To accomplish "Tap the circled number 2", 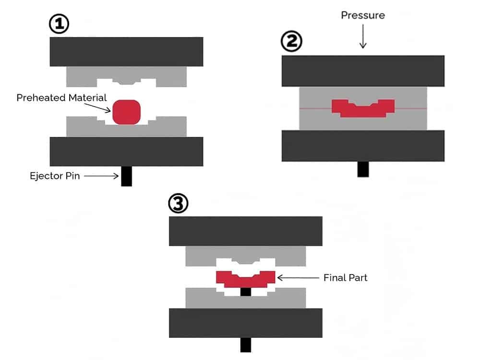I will (x=291, y=43).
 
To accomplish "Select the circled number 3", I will (x=178, y=204).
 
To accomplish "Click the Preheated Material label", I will (x=61, y=98).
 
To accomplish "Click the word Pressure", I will (x=363, y=15).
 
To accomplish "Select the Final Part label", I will (x=346, y=277).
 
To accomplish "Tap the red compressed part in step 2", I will (x=363, y=108).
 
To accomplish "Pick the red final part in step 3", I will (x=245, y=279).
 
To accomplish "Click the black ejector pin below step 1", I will (x=126, y=176).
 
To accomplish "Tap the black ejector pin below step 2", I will (x=363, y=169).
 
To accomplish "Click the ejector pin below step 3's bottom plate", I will (x=245, y=345).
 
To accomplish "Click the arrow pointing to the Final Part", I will (x=298, y=277).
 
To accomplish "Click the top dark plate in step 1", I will (x=126, y=52).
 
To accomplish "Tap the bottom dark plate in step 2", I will (x=363, y=145).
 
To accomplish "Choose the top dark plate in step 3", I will (x=245, y=231).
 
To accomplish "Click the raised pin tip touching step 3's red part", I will (x=245, y=291).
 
